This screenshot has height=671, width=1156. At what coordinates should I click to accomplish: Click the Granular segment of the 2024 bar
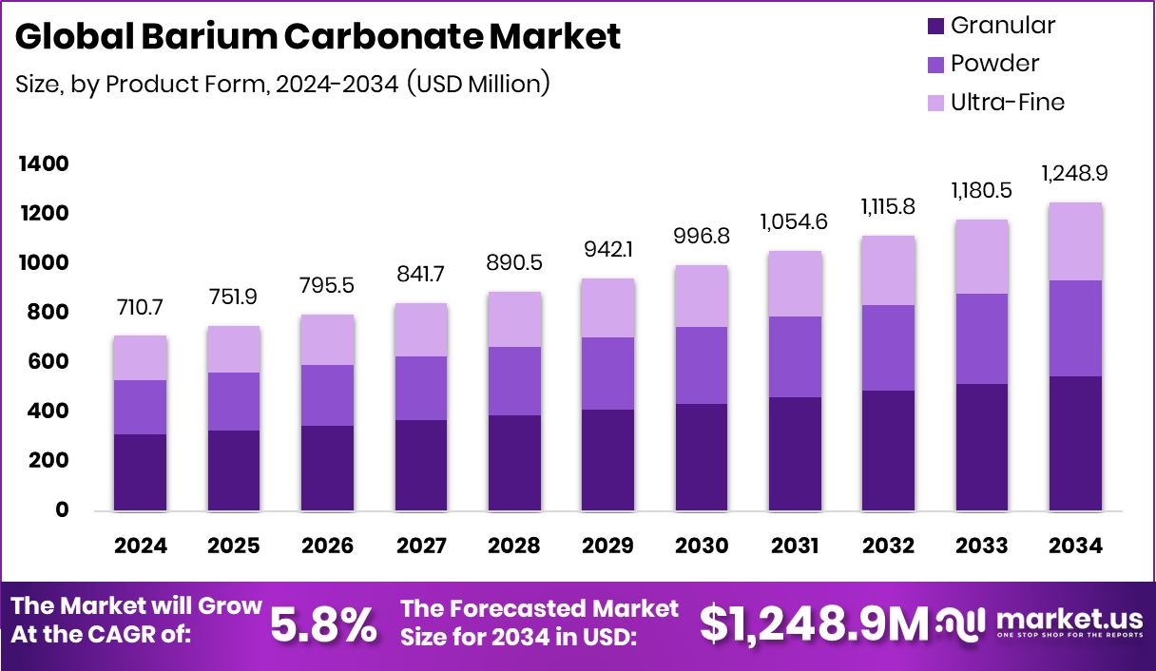tap(140, 471)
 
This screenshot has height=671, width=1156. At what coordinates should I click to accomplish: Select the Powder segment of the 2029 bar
tap(607, 373)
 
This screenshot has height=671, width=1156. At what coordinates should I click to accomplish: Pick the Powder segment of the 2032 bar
tap(889, 347)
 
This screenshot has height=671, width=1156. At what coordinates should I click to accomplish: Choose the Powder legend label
tap(994, 64)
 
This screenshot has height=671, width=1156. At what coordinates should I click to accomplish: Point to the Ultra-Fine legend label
tap(1008, 102)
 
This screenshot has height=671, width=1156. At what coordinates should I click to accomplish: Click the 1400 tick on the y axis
tap(43, 164)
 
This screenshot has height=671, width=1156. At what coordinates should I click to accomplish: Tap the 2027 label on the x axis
tap(421, 546)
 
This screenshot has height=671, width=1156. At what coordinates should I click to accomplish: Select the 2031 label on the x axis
tap(795, 546)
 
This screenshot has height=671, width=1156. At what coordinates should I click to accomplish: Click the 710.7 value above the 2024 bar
tap(140, 309)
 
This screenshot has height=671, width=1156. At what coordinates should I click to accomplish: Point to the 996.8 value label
tap(702, 234)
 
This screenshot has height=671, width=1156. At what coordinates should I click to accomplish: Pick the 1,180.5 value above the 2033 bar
tap(982, 191)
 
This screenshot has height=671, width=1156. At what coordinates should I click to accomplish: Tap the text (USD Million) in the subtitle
tap(478, 84)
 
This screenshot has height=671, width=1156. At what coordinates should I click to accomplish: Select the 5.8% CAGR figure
tap(323, 624)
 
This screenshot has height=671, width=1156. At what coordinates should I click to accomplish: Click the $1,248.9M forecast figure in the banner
tap(814, 624)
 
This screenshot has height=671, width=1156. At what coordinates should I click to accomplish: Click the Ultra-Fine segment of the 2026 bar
tap(327, 339)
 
